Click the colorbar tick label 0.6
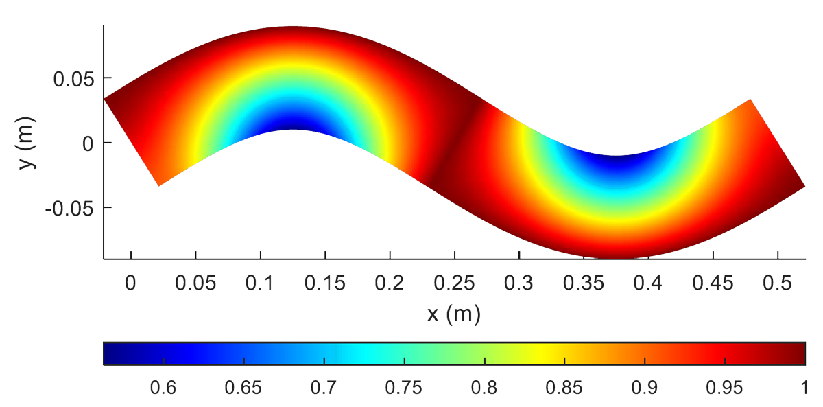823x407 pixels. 163,388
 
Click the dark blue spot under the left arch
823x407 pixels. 293,122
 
